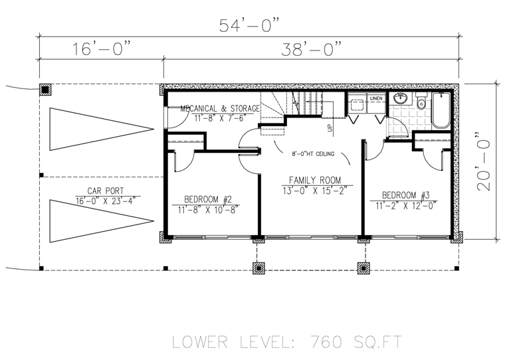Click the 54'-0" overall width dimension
[x=249, y=25]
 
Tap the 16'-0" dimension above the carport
[x=102, y=49]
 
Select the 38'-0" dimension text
[x=311, y=49]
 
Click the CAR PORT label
[x=106, y=191]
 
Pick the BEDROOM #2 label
[x=208, y=199]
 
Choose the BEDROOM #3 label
[x=406, y=195]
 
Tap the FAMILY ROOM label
[x=315, y=180]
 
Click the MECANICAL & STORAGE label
[x=220, y=108]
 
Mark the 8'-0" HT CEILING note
[x=313, y=154]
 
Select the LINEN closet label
[x=376, y=98]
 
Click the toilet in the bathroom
[x=421, y=101]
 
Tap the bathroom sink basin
[x=400, y=98]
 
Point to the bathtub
[x=441, y=110]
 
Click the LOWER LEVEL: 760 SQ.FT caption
[x=287, y=342]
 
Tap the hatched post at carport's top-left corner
[x=45, y=90]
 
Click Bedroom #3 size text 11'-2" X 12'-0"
[x=406, y=205]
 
